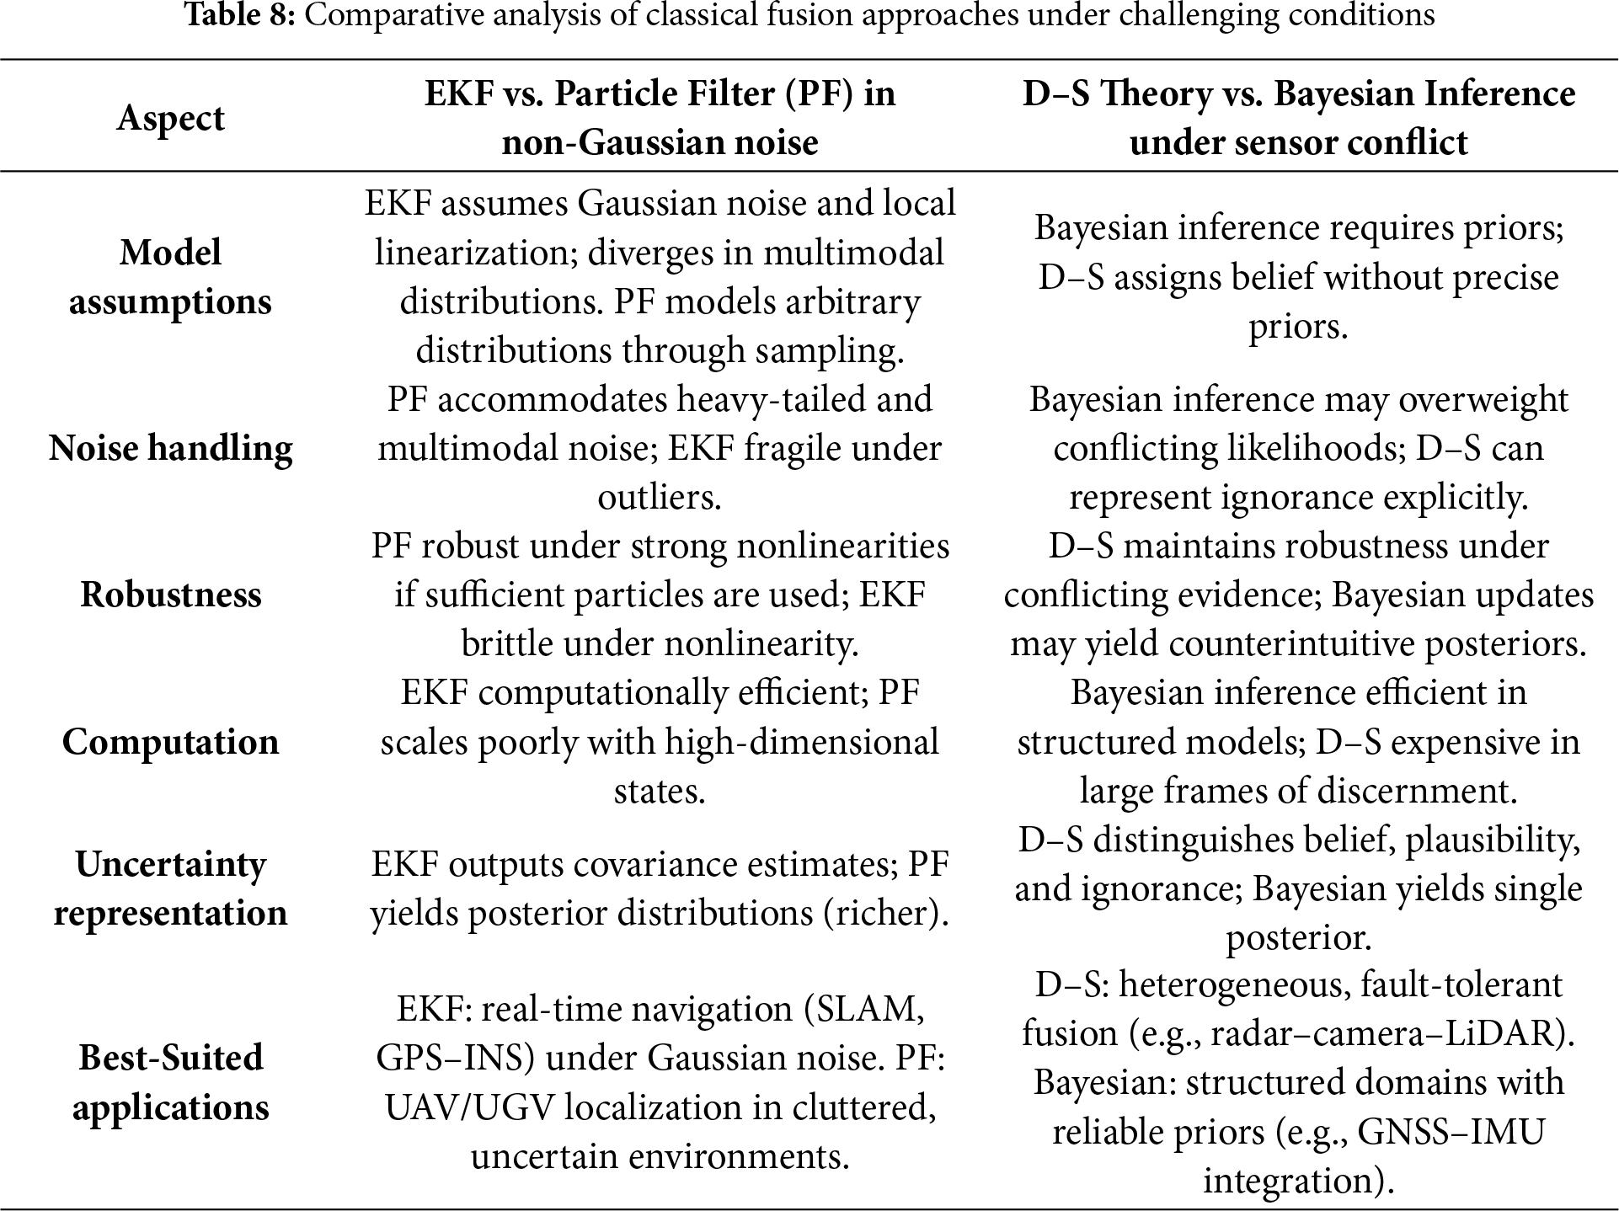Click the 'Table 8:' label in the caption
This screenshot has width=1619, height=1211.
tap(239, 15)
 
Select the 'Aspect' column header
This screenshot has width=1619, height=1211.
tap(170, 118)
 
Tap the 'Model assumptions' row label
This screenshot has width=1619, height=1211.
tap(170, 277)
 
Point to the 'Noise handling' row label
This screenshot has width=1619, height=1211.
tap(170, 448)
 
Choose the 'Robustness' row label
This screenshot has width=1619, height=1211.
tap(170, 595)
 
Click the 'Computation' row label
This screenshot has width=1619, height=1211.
tap(170, 742)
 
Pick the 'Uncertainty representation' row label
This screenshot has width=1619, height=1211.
tap(170, 888)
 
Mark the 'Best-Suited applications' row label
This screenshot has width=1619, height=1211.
tap(170, 1082)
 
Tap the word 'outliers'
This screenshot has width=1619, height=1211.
tap(659, 498)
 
